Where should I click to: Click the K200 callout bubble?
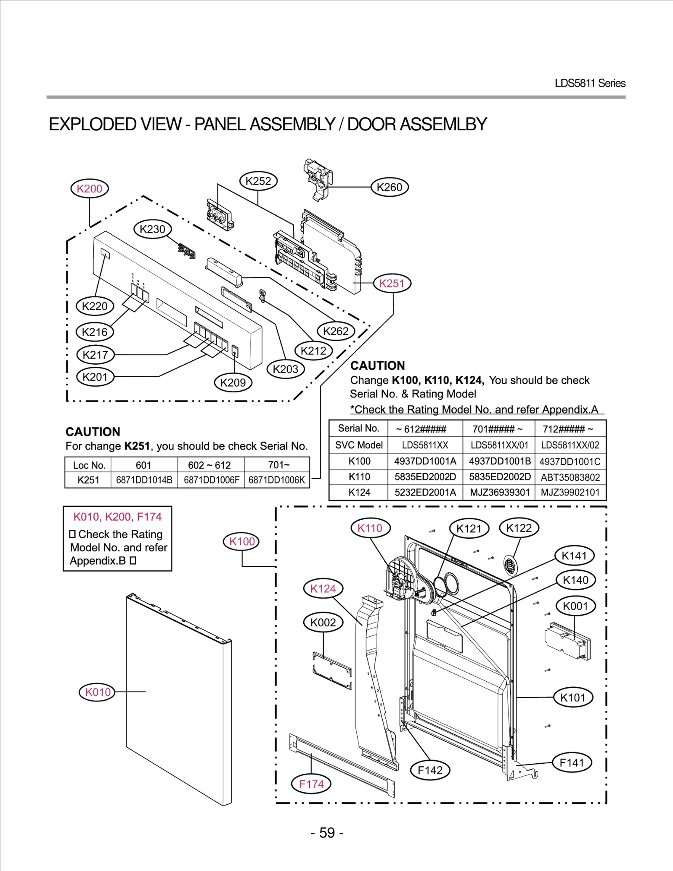pos(89,188)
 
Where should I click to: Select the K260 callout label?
pos(389,187)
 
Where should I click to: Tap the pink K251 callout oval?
pos(392,283)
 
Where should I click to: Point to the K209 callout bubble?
pos(233,383)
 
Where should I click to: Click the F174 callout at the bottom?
pos(311,784)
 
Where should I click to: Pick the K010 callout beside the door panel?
pos(98,692)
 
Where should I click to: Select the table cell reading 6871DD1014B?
pos(144,480)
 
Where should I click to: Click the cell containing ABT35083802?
pos(570,477)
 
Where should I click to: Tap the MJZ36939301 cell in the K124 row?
pos(499,492)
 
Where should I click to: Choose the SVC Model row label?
pos(359,445)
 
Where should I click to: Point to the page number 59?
pos(327,833)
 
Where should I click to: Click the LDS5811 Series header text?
pos(590,83)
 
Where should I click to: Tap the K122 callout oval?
pos(519,528)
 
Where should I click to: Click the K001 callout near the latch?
pos(575,606)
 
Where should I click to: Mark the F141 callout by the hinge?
pos(572,762)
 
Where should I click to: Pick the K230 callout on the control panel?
pos(152,229)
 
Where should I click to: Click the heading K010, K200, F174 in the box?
pos(117,516)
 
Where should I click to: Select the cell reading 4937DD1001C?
pos(570,461)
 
